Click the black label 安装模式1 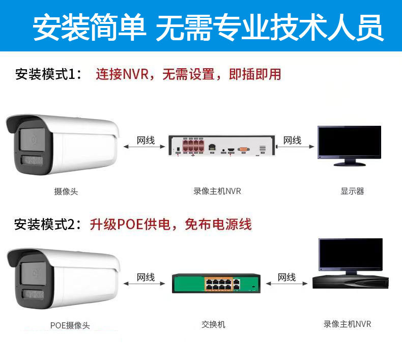coord(48,74)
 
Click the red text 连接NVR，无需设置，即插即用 coord(188,74)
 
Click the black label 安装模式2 coord(48,224)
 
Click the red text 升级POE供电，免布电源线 coord(171,224)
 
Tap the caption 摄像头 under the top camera coord(66,191)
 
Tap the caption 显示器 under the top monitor coord(352,191)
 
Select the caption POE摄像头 coord(70,325)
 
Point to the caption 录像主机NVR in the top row coord(217,191)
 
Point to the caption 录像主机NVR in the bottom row coord(347,324)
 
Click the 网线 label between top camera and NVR coord(146,141)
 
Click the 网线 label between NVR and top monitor coord(292,141)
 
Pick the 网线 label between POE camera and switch coord(146,278)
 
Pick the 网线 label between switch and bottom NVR coord(286,278)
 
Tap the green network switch coord(216,284)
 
